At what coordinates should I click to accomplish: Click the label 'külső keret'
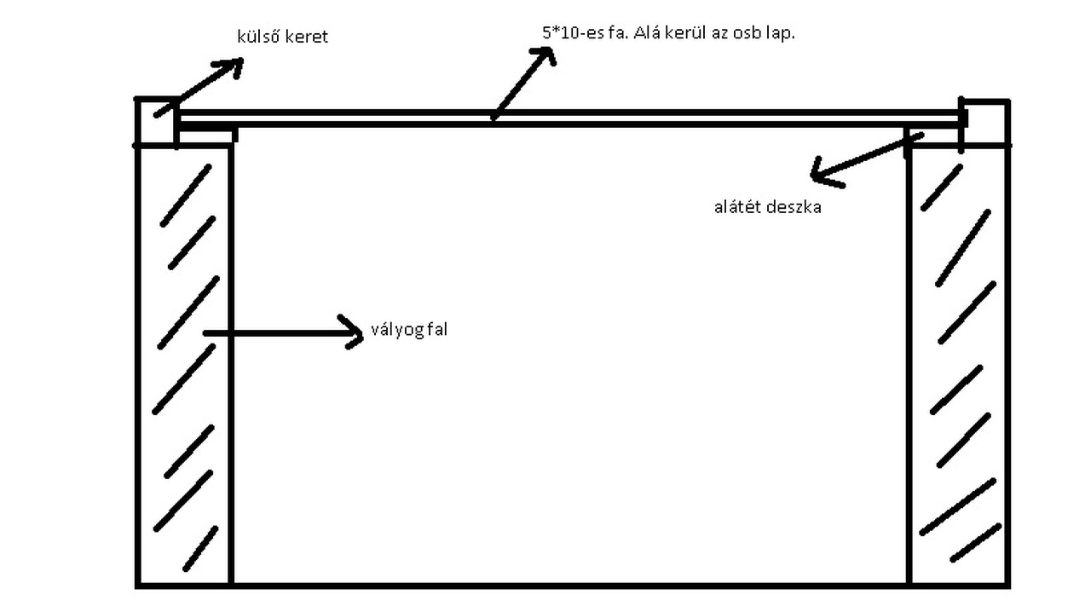pos(282,38)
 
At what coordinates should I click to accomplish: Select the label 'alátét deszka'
pos(767,206)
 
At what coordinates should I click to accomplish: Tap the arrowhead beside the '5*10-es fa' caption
pos(543,55)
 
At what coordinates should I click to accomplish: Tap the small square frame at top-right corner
pos(987,121)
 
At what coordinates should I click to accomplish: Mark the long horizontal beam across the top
pos(571,118)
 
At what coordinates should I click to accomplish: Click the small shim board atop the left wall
pos(207,133)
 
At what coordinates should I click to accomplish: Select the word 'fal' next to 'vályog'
pos(435,331)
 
